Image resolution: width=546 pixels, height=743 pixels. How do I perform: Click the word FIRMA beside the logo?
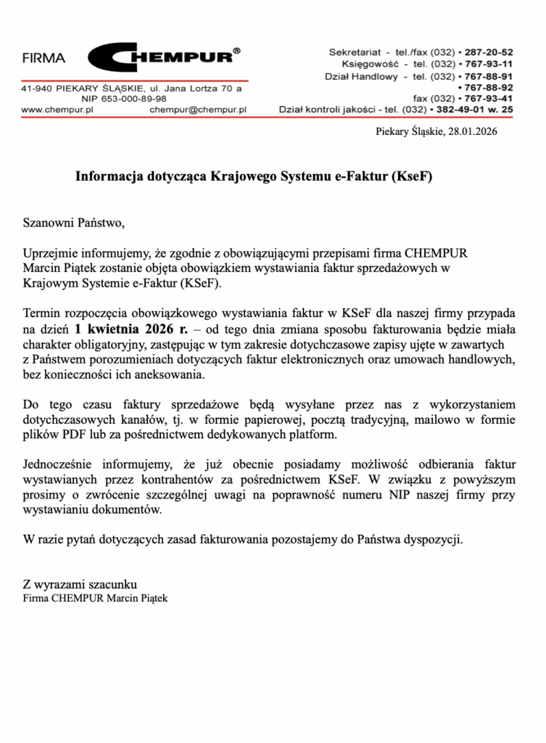[x=44, y=58]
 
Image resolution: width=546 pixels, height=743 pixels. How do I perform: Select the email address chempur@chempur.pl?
[x=198, y=110]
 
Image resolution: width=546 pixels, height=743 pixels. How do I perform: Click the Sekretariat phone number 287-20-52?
[x=488, y=52]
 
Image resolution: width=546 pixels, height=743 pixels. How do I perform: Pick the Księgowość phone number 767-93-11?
[x=488, y=64]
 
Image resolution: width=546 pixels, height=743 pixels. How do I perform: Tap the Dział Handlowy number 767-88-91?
[x=488, y=75]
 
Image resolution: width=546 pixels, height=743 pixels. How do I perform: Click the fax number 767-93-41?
[x=488, y=98]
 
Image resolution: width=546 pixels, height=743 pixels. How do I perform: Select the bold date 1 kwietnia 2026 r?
[x=130, y=327]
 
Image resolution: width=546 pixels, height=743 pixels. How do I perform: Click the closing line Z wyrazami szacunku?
[x=80, y=585]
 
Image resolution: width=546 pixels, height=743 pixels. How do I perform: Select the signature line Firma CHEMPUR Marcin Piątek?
[x=95, y=599]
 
